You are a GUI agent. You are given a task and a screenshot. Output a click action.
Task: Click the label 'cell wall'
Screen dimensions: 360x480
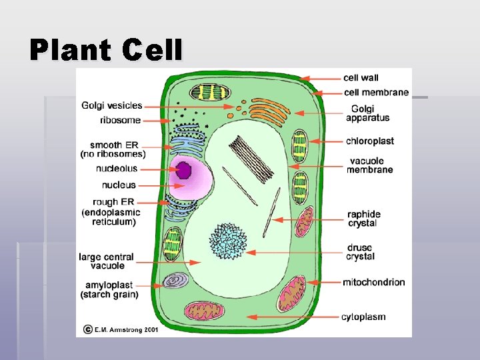361,78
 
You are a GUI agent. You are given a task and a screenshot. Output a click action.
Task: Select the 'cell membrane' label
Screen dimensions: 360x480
376,93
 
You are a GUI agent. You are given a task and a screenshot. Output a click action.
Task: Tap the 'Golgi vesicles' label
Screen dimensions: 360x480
112,105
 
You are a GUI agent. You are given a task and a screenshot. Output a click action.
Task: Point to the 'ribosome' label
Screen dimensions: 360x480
120,121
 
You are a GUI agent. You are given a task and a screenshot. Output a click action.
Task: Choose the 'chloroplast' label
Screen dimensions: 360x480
369,141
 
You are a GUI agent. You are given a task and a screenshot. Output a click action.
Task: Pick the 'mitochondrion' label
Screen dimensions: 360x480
373,282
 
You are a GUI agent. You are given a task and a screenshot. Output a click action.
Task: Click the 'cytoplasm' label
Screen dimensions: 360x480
363,317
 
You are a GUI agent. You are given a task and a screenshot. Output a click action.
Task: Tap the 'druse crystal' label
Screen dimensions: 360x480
361,253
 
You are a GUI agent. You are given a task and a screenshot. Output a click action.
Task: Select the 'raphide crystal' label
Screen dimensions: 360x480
363,219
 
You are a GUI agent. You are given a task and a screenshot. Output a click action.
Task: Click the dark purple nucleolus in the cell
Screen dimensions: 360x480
183,171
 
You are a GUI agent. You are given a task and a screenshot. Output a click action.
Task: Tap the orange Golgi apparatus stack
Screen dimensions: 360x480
266,109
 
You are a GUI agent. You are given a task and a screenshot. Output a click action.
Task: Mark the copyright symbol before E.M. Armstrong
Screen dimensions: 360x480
87,329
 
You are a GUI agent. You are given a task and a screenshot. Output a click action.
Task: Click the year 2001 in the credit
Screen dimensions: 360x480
153,329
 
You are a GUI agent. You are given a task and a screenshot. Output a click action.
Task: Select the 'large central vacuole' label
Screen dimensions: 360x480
106,261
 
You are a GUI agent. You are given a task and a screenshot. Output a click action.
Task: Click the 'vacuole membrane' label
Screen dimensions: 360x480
369,165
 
